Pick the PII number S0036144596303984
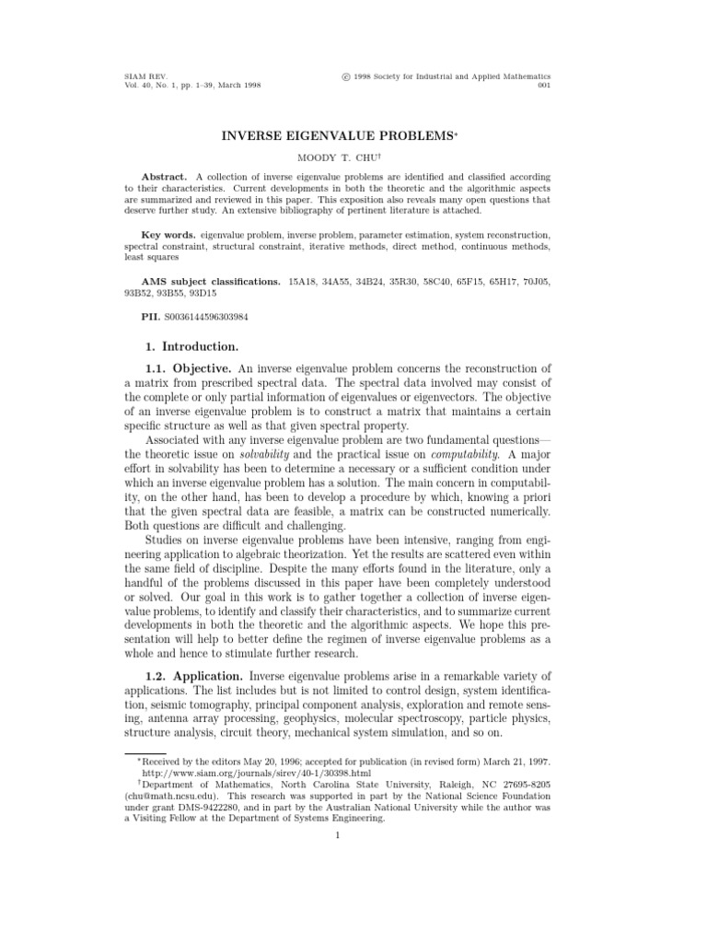(205, 317)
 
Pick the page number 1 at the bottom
(339, 835)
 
